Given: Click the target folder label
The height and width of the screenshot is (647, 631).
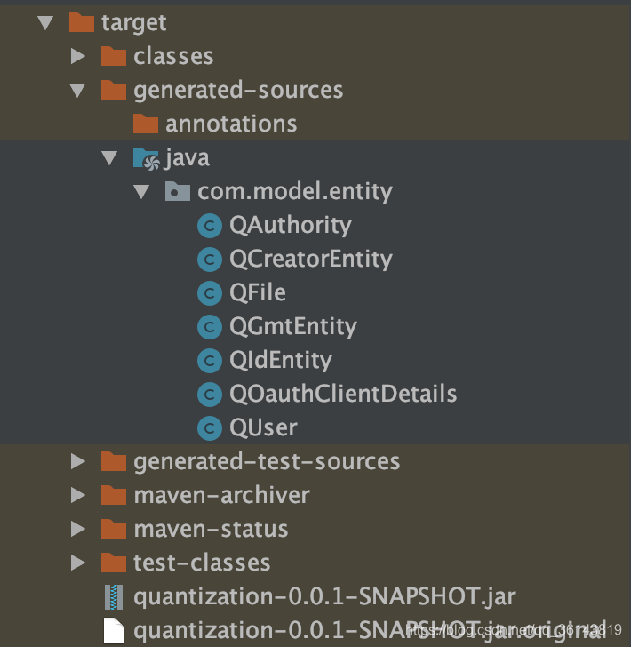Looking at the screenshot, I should (x=133, y=22).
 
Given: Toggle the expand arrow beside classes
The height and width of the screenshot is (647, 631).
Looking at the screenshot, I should (x=78, y=56).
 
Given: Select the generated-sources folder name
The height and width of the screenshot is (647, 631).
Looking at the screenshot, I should (x=237, y=90).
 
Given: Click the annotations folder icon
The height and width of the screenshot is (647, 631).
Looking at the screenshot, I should (x=146, y=124).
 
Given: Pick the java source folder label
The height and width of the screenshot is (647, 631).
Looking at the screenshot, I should (x=187, y=158).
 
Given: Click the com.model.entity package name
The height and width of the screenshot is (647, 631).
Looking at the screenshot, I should (x=294, y=191).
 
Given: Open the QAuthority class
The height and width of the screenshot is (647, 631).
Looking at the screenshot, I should (x=290, y=225).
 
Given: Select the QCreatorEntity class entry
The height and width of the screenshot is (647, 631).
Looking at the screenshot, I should (x=310, y=259).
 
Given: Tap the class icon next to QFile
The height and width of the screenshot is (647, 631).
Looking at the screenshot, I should (x=209, y=292).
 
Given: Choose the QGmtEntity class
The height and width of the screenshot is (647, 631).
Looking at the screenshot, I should (x=292, y=326).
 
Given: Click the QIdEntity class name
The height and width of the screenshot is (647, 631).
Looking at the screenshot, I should (x=280, y=360).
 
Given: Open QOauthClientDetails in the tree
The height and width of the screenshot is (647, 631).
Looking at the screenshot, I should (x=342, y=394).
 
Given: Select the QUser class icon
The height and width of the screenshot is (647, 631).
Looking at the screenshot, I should (x=209, y=427).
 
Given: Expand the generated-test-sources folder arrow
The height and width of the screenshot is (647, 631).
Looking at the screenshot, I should (x=78, y=461).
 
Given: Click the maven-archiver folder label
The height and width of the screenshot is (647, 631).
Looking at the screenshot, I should (x=221, y=495).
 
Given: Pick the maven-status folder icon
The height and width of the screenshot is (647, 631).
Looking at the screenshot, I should (x=114, y=529).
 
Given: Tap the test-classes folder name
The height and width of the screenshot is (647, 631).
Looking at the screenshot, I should (x=202, y=563).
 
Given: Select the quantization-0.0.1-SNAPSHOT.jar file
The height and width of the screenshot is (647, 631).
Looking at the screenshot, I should (x=323, y=596).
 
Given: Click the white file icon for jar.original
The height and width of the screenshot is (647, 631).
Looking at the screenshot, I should (x=114, y=630).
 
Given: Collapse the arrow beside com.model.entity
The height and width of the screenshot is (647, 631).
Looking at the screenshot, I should (x=141, y=192).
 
